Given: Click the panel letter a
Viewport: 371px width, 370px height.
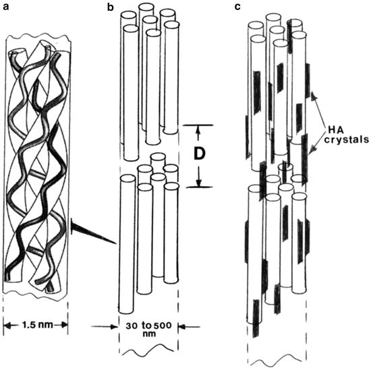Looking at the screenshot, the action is (x=6, y=7).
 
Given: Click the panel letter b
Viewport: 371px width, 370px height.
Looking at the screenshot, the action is (x=111, y=7).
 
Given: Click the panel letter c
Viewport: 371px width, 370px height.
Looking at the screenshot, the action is (x=237, y=7).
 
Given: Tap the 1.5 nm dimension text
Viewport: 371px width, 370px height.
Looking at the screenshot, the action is (x=37, y=325).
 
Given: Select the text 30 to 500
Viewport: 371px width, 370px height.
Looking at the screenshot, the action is (x=148, y=326).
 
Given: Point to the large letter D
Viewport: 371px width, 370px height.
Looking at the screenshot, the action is (x=198, y=154).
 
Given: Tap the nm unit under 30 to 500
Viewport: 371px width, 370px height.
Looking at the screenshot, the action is (x=149, y=334).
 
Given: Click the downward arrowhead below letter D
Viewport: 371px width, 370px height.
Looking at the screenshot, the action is (x=198, y=182).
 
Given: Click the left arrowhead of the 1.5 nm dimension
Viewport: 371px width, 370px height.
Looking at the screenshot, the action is (x=8, y=326).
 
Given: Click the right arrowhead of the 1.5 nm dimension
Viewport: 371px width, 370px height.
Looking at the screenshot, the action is (x=64, y=325).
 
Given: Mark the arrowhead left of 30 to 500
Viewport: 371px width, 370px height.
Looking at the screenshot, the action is (x=114, y=327).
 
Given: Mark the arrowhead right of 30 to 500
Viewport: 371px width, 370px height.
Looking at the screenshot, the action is (x=182, y=327).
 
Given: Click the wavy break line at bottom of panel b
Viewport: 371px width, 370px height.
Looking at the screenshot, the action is (x=148, y=350).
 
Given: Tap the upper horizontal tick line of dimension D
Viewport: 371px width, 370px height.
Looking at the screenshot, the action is (x=198, y=125).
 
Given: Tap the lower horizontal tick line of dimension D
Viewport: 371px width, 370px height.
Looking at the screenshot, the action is (x=199, y=187).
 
